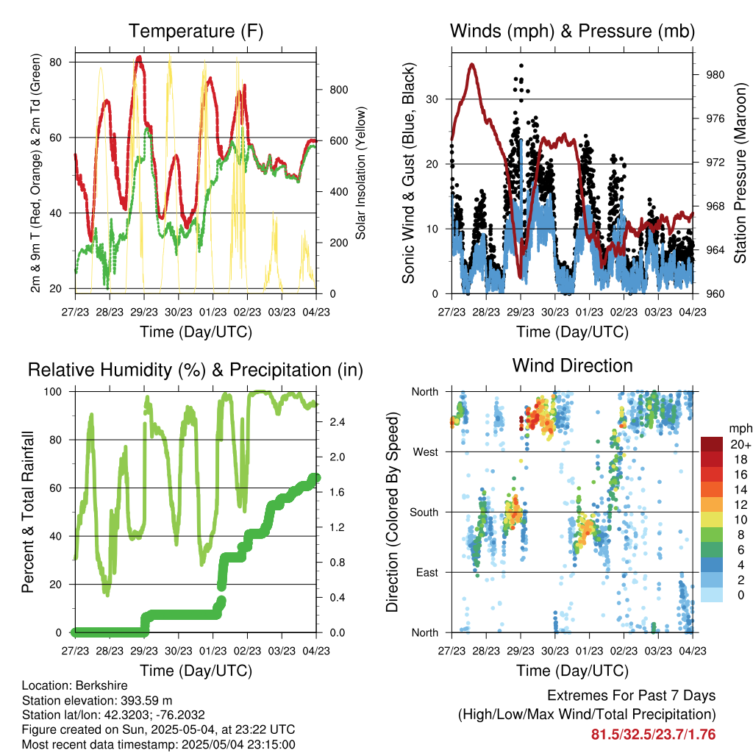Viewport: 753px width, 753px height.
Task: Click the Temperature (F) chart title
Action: pos(196,31)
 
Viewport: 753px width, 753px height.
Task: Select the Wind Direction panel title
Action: pos(572,365)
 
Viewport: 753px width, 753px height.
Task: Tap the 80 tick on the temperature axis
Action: pos(56,63)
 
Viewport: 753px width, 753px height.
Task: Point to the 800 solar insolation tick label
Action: pos(338,90)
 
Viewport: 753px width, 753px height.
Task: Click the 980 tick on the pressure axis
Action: pos(715,75)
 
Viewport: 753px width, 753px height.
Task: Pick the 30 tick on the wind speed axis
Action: pos(432,99)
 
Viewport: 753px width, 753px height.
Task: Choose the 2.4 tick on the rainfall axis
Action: pos(338,422)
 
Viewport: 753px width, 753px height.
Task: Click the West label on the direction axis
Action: pos(426,452)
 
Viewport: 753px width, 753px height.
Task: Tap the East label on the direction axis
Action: pos(427,572)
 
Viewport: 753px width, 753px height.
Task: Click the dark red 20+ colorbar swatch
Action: pos(712,444)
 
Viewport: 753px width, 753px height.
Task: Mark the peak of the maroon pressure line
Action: pos(473,65)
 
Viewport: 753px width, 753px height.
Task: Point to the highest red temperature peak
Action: pos(139,57)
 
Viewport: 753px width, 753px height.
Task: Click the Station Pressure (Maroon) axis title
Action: pos(740,173)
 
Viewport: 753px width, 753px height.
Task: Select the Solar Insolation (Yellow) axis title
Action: pos(360,173)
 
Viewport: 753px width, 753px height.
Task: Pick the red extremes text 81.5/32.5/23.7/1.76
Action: pos(653,735)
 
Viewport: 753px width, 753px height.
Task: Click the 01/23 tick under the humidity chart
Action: pos(213,651)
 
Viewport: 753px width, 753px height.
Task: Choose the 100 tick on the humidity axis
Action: pos(53,392)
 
